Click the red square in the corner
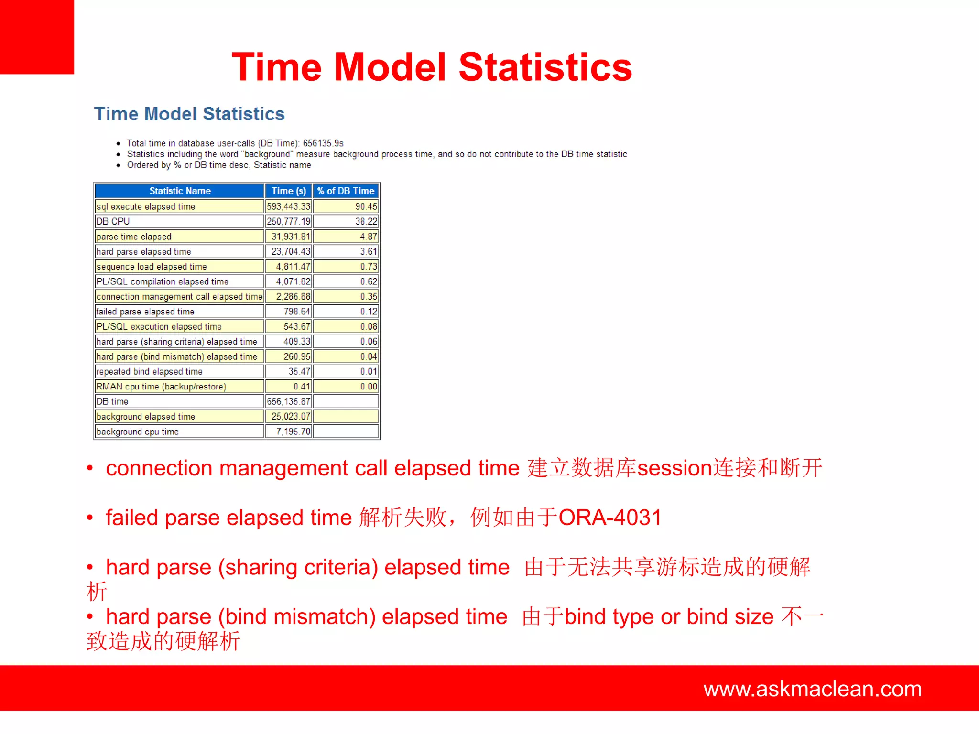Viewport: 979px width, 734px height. tap(37, 37)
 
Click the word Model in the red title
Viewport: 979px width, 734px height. tap(390, 67)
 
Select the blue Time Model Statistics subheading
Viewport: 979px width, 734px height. tap(189, 114)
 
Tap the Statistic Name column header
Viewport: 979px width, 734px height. tap(180, 191)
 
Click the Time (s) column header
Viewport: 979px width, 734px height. tap(289, 191)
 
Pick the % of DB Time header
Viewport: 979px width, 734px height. tap(346, 191)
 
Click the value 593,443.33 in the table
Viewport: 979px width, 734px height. tap(289, 206)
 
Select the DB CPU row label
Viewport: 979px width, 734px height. tap(113, 221)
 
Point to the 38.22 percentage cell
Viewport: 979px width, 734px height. tap(366, 221)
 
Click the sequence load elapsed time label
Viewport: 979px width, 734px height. tap(152, 267)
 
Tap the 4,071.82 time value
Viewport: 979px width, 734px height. tap(293, 281)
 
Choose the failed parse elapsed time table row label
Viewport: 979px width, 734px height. tap(145, 312)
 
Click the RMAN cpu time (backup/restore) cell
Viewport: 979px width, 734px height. tap(161, 387)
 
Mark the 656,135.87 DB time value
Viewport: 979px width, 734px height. tap(289, 401)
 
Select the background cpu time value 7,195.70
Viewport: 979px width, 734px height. tap(293, 432)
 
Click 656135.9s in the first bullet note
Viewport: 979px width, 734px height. tap(323, 143)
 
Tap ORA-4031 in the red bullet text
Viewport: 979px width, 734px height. tap(610, 518)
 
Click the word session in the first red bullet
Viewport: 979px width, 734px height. tap(674, 468)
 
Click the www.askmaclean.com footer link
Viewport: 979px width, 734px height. tap(812, 689)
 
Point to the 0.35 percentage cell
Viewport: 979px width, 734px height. tap(369, 297)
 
